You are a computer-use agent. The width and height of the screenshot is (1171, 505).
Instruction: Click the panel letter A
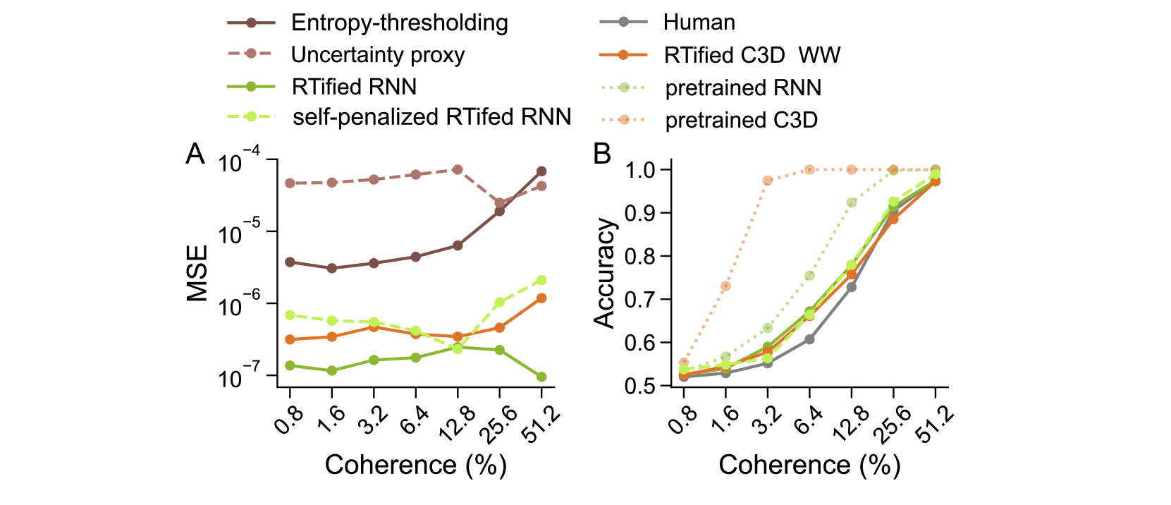point(195,154)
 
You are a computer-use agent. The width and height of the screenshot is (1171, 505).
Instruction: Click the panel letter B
point(602,154)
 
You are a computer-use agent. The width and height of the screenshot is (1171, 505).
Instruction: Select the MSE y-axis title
point(198,273)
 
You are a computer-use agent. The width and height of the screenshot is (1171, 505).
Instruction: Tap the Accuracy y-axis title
point(604,273)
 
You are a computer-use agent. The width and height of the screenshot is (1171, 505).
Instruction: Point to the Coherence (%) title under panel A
point(416,465)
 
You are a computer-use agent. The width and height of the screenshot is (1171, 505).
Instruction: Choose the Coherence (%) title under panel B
point(809,465)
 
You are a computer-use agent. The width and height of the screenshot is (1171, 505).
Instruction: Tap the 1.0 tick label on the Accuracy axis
point(641,170)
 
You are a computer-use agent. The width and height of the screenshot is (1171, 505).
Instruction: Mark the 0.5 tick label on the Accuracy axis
point(641,386)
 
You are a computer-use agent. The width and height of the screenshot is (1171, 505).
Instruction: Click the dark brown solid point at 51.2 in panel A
point(541,171)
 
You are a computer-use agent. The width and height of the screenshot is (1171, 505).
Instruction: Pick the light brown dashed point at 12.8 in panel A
point(458,169)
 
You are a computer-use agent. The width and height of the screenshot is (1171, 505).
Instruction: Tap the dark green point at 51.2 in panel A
point(541,377)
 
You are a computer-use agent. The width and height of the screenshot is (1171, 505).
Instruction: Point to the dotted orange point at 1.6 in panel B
point(725,286)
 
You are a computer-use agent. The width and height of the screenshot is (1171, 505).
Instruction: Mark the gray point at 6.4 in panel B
point(809,339)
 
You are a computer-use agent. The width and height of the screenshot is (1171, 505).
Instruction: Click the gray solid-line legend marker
point(623,22)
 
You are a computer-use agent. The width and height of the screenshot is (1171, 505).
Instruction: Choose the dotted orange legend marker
point(623,119)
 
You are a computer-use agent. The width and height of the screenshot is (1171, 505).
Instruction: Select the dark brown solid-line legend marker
point(251,23)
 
